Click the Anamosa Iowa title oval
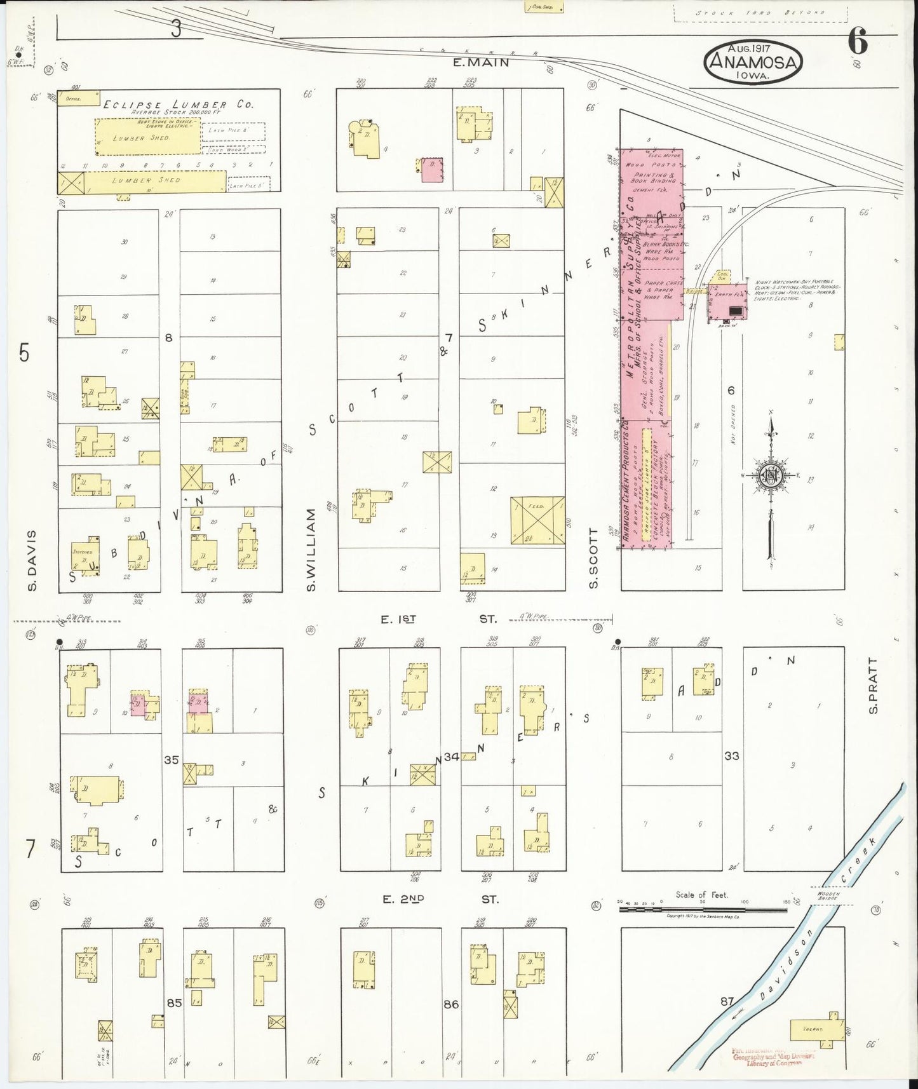click(753, 61)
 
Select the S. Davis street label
click(32, 559)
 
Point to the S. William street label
click(311, 550)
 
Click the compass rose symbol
click(771, 475)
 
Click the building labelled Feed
click(537, 520)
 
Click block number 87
click(727, 1002)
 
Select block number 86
click(451, 1005)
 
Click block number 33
click(732, 756)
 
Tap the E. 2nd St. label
click(440, 899)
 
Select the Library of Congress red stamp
click(773, 1057)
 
